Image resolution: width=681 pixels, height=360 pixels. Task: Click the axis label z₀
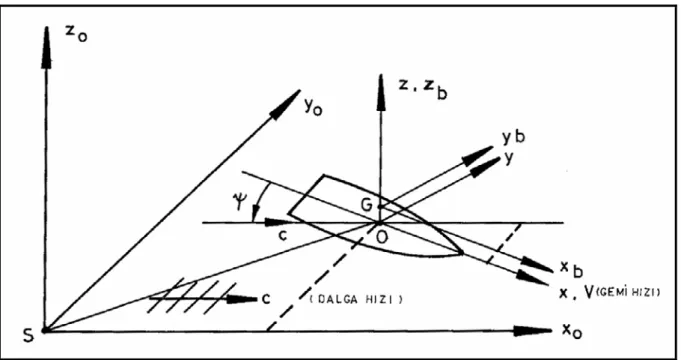76,35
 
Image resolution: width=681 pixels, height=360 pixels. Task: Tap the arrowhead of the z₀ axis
46,48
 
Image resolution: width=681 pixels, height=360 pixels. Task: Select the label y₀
313,108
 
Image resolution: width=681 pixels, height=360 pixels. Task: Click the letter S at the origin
28,336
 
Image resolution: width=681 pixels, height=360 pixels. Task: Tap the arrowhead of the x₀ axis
532,331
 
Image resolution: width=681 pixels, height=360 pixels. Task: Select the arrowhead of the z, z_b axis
381,92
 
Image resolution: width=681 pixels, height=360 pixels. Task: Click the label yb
514,137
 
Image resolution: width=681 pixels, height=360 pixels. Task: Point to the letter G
367,205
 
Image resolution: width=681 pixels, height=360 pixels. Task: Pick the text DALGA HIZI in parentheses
356,299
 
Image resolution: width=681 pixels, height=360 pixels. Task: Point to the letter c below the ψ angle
282,238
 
